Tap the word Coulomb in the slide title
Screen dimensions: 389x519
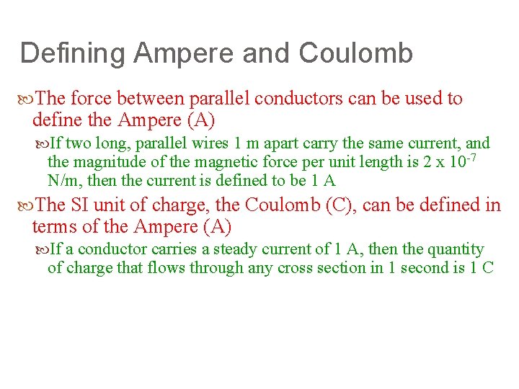tap(355, 54)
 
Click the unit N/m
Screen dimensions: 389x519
tap(63, 181)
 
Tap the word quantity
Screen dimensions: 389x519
tap(454, 250)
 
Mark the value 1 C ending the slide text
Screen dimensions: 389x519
tap(482, 269)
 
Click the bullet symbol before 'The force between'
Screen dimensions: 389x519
tap(28, 99)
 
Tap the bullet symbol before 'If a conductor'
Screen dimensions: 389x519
tap(43, 250)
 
